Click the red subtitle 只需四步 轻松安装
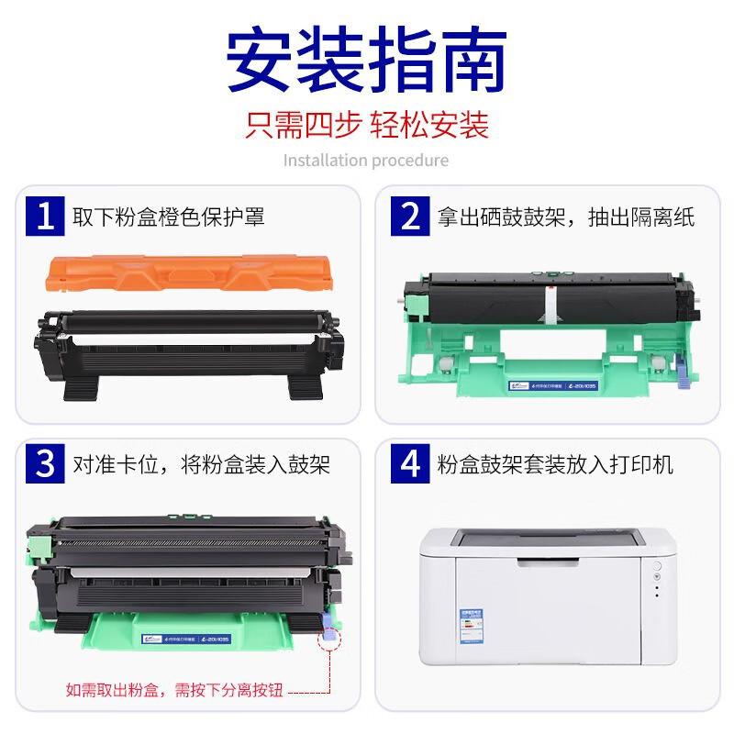[367, 125]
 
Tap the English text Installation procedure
[366, 161]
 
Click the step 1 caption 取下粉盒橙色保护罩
[169, 217]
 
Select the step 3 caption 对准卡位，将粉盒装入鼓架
[202, 465]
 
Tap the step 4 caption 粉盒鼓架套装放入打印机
[556, 465]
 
